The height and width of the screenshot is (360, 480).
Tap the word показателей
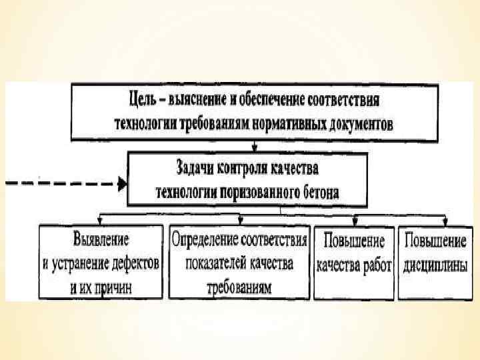click(213, 263)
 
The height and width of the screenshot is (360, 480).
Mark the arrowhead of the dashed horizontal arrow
click(122, 183)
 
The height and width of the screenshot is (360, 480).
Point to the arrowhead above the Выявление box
click(99, 221)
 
